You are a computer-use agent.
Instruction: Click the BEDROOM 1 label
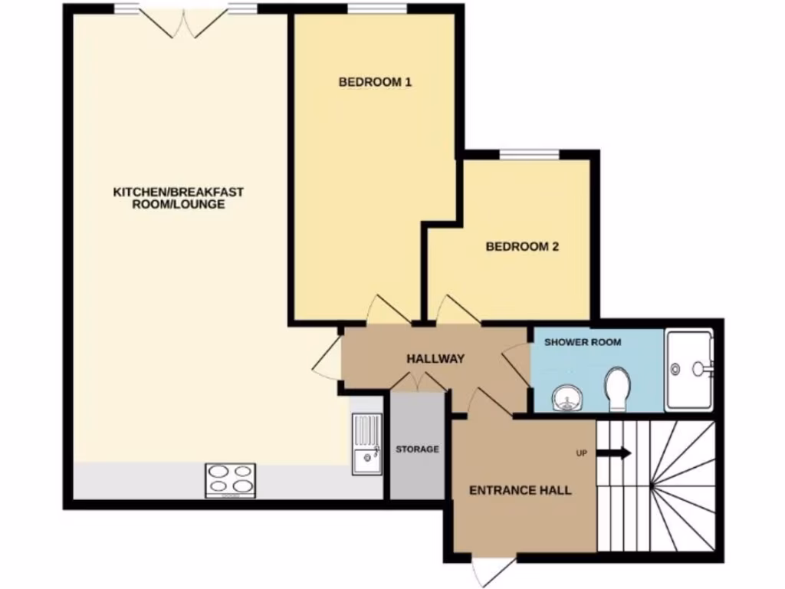click(x=376, y=82)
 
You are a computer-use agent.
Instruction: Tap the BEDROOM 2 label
click(x=522, y=247)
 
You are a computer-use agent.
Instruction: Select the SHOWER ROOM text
click(x=583, y=342)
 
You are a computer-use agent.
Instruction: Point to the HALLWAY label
click(x=435, y=358)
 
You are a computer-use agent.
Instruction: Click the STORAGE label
click(x=417, y=449)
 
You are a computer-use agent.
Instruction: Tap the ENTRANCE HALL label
click(x=520, y=491)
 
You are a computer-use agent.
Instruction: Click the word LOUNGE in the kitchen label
click(x=199, y=205)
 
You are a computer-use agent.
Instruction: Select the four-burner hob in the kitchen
click(x=230, y=479)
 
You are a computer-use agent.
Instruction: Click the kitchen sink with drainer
click(x=367, y=443)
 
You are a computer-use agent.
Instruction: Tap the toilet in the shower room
click(x=617, y=385)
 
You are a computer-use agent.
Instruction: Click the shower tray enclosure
click(x=690, y=369)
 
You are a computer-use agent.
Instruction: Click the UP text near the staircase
click(x=581, y=453)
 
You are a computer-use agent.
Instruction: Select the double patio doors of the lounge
click(x=184, y=21)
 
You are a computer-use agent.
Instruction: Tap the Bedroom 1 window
click(x=376, y=9)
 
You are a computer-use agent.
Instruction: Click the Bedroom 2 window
click(x=529, y=156)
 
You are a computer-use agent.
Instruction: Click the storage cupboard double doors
click(x=418, y=382)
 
